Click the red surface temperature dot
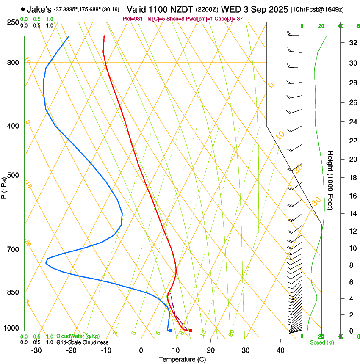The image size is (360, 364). coord(191,331)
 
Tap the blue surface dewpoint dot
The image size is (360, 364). coord(171,331)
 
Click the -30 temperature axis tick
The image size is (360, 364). coord(37,350)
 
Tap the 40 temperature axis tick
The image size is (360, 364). coord(280,350)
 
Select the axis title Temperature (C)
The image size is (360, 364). coord(182,359)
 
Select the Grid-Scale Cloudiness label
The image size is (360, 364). coord(82,342)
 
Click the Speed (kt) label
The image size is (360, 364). coord(322,342)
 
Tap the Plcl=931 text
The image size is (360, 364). coord(132,19)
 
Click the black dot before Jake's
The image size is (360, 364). coord(22,9)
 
